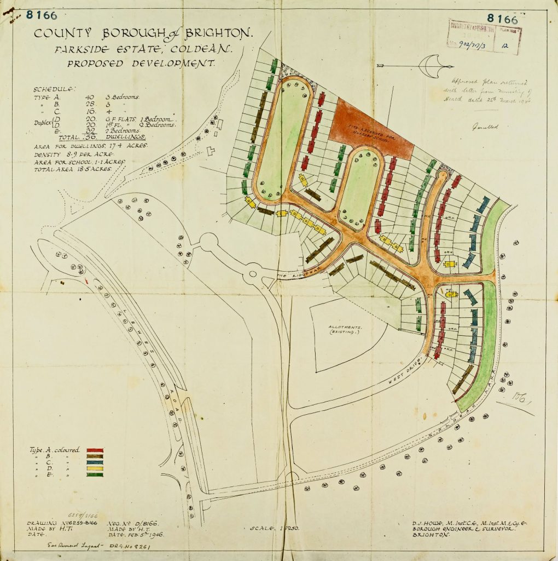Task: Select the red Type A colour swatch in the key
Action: [x=95, y=451]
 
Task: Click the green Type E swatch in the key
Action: [x=95, y=474]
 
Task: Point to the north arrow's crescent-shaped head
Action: [x=429, y=65]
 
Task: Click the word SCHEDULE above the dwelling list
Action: [x=55, y=89]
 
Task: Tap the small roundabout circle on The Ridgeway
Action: [x=253, y=272]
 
